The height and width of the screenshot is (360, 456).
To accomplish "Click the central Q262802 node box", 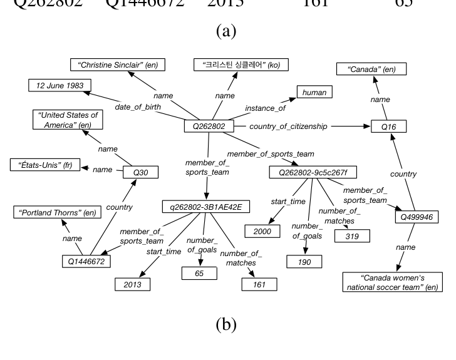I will (209, 126).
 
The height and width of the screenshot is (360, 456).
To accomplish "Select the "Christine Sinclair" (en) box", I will (108, 64).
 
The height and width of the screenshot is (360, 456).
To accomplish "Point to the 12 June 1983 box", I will (60, 85).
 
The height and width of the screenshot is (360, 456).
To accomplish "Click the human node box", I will (314, 93).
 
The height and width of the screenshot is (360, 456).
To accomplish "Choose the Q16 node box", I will (389, 127).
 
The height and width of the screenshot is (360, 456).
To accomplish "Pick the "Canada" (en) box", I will (366, 69).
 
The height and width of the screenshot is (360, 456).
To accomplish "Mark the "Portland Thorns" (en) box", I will (56, 213).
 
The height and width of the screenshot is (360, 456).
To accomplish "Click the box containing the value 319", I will (352, 236).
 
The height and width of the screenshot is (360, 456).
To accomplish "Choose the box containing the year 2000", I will (262, 232).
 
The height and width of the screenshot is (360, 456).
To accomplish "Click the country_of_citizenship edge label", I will (288, 126).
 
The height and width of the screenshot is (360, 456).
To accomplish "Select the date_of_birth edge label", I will (138, 107).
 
